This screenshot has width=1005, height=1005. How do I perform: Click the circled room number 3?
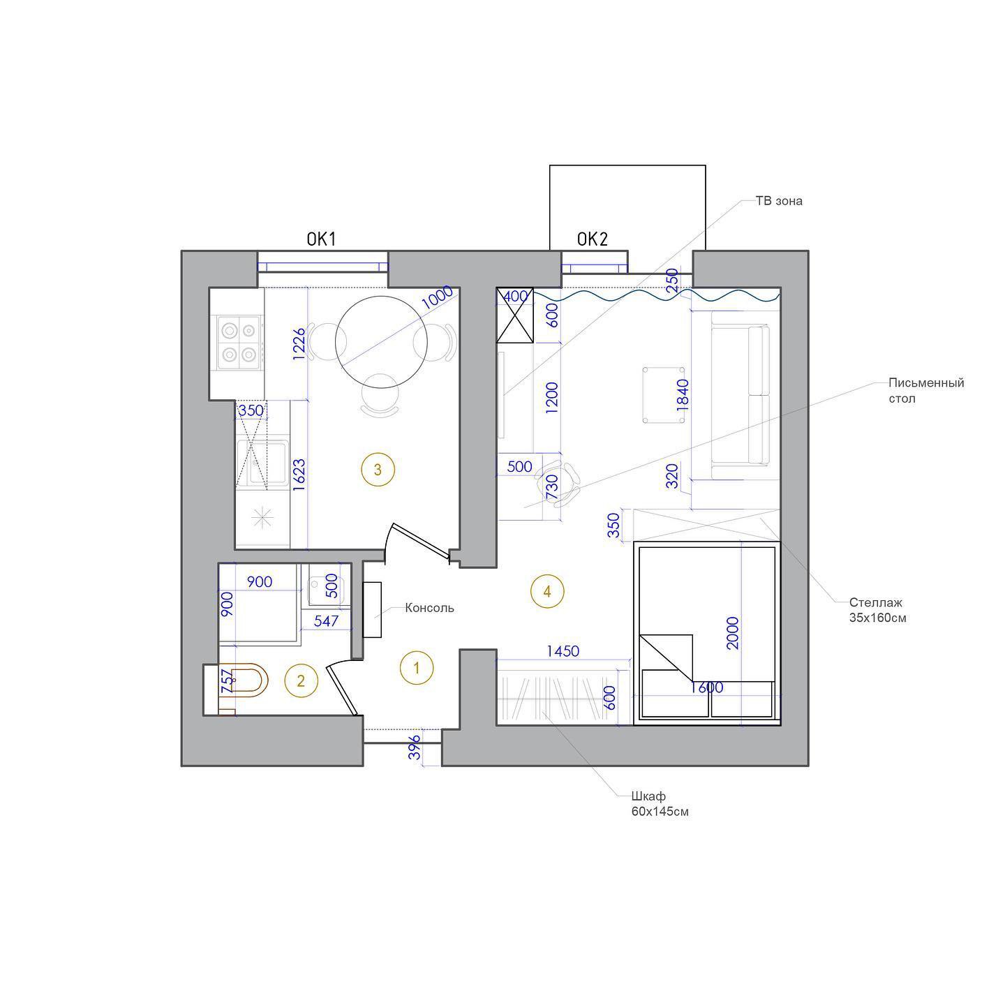click(x=378, y=470)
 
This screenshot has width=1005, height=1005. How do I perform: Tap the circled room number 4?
click(x=547, y=591)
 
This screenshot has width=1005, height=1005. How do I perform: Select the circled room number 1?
click(x=416, y=668)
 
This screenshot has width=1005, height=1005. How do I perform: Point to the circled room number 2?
click(x=301, y=680)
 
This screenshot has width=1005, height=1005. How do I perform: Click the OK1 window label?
click(x=321, y=239)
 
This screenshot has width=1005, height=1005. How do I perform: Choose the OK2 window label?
click(x=593, y=239)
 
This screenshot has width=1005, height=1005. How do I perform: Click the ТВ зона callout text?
click(x=779, y=201)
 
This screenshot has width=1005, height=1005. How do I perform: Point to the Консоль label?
click(x=430, y=608)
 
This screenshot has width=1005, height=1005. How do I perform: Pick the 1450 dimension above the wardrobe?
click(x=563, y=651)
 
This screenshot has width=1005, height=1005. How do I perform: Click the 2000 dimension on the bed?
click(x=733, y=632)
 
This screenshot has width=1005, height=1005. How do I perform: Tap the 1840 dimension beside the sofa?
click(x=682, y=395)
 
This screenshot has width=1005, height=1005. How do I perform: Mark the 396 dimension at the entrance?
click(x=415, y=747)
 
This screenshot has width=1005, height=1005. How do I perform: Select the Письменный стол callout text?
click(x=927, y=391)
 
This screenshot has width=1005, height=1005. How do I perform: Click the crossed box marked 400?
click(x=515, y=315)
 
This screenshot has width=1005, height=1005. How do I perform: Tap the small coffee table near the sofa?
click(x=663, y=395)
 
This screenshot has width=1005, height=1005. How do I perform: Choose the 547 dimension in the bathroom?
click(x=326, y=620)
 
